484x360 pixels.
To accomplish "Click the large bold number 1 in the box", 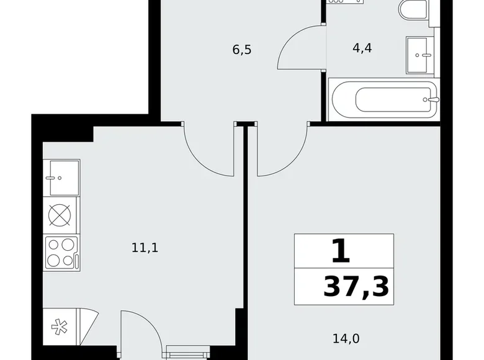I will coord(342,252).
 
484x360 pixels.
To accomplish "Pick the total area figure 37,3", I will coord(356,287).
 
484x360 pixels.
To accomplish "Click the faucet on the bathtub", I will coord(432,99).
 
